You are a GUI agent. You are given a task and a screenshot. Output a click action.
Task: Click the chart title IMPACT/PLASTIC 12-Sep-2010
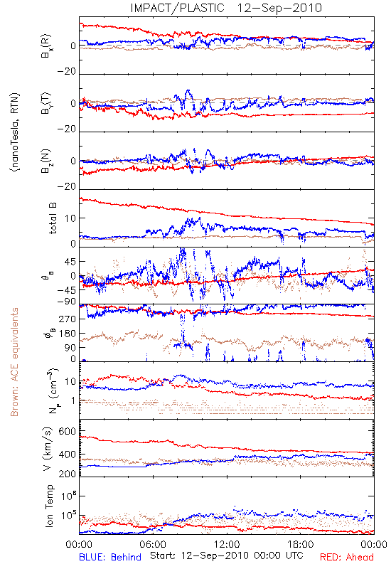226,8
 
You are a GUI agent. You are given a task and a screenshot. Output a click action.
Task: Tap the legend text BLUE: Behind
110,557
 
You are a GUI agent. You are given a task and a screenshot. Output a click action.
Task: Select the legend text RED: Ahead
347,557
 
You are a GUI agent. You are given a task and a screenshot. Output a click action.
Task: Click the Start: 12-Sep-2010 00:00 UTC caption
226,555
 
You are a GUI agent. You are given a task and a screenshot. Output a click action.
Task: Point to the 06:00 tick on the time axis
153,544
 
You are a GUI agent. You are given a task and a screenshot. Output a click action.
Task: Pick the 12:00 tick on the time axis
227,544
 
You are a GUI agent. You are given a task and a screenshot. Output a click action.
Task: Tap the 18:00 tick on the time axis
301,544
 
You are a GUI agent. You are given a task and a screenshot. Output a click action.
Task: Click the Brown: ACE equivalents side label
14,362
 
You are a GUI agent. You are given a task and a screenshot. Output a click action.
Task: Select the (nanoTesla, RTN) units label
15,132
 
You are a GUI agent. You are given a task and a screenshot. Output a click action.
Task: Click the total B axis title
53,218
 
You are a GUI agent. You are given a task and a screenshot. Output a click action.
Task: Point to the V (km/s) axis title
48,449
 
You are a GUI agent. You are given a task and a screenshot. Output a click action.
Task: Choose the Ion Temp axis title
49,506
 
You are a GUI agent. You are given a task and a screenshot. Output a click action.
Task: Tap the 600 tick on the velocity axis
67,431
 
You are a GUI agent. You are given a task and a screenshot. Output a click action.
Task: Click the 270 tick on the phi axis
67,319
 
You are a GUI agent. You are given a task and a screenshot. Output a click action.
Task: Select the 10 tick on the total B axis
70,218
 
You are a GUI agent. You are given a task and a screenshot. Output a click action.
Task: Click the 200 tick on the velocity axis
67,474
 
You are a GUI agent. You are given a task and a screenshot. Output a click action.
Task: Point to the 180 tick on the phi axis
67,333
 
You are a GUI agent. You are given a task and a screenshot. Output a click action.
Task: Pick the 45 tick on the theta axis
70,262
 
